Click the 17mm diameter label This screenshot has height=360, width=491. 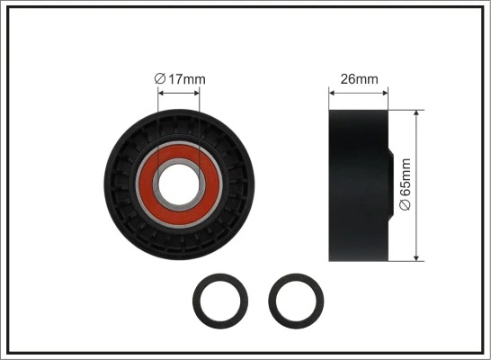click(180, 79)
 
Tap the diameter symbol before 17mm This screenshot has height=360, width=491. click(160, 79)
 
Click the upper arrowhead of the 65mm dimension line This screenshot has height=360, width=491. click(416, 115)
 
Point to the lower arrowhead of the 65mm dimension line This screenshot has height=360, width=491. click(416, 256)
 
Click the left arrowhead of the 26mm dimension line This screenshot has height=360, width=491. click(333, 91)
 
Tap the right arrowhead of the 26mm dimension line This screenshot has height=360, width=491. click(384, 91)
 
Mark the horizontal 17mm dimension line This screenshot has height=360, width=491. click(181, 91)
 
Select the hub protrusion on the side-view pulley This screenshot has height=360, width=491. click(389, 185)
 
